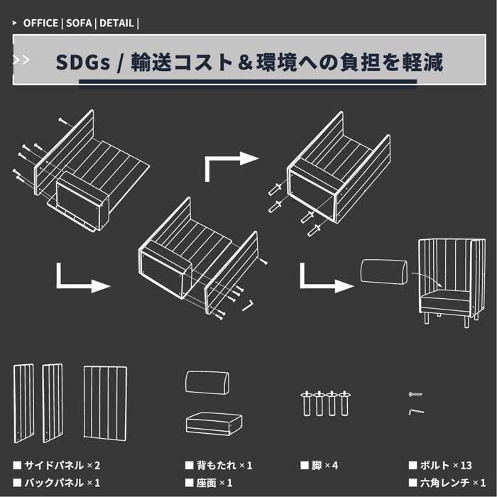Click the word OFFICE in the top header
click(41, 23)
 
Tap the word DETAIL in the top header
click(116, 23)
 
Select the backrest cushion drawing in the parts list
click(208, 382)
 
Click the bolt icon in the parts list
click(416, 393)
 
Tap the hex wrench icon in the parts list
click(416, 410)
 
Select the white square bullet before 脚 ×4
click(305, 466)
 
